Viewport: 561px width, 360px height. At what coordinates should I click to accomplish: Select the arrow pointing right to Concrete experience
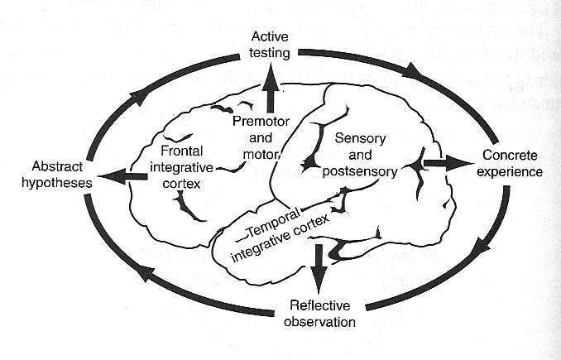coord(444,163)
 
